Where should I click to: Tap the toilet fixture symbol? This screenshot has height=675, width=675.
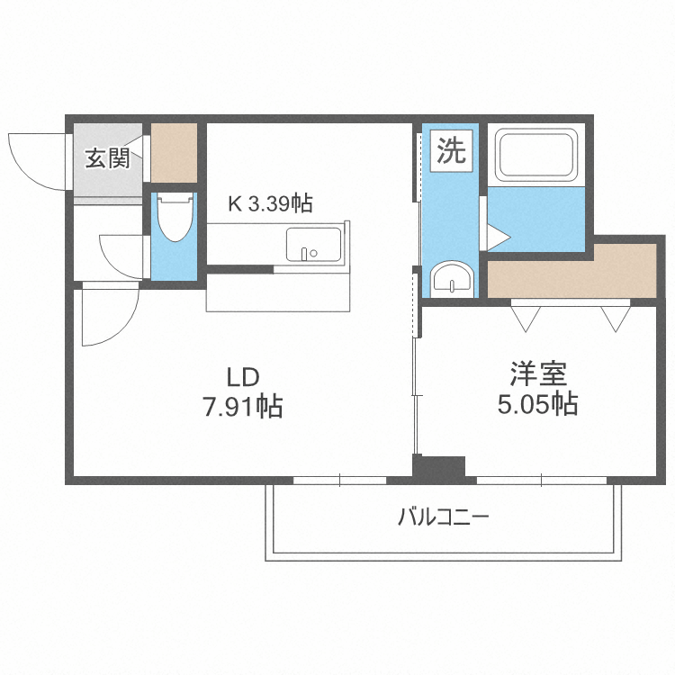[172, 217]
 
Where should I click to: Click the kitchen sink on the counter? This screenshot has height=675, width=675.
[313, 244]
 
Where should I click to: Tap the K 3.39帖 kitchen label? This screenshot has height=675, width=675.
[269, 204]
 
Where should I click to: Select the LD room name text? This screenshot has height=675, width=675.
[242, 375]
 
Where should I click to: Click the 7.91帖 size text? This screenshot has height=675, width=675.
[242, 407]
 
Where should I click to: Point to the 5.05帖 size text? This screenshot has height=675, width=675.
[538, 404]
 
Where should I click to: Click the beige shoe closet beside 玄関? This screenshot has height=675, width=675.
[174, 152]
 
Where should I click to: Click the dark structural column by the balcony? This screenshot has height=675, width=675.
[438, 467]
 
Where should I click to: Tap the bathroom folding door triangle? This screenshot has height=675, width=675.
[498, 237]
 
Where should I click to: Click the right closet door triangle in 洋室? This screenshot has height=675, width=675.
[616, 317]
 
